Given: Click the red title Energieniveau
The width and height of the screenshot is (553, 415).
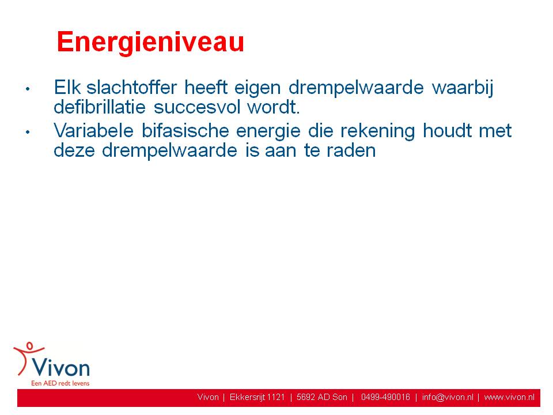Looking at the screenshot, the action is pos(150,42).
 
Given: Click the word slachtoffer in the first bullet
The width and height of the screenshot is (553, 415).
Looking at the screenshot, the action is pos(131,87).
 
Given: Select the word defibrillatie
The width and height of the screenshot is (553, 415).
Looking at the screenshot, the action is pos(100,107).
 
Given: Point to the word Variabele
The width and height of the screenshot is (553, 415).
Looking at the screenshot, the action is pos(93,131).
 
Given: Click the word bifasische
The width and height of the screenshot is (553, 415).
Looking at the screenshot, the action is pos(185,131).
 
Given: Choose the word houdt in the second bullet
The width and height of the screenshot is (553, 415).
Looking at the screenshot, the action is pos(447,131).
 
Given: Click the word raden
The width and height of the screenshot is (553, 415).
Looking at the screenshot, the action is pos(351,150).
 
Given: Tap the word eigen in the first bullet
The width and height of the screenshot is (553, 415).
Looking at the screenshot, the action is pos(257,89).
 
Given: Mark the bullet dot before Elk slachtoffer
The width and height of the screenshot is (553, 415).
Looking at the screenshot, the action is pos(28,89).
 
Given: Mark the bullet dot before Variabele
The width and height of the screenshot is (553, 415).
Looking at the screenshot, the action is pos(28,133).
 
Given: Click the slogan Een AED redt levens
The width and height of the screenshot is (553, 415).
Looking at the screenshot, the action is pos(60,383).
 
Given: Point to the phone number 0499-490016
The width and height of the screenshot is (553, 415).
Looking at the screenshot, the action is pos(385,397).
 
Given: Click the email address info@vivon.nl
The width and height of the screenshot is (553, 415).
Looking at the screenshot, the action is pos(448,398).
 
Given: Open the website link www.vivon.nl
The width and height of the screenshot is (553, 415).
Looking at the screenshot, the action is pos(509,397).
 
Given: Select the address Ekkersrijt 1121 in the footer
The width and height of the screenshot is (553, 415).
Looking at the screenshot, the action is pos(257,398).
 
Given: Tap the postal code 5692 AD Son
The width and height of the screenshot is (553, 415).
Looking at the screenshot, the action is pos(321,397).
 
